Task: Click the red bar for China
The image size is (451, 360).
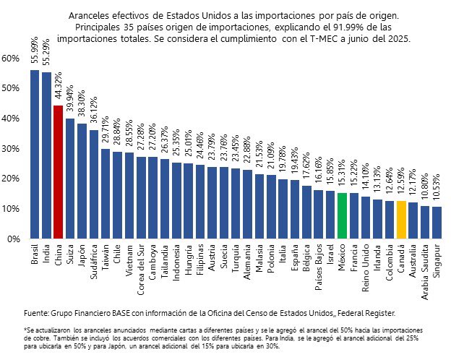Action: tap(59, 172)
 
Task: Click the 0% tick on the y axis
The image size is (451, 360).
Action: tap(13, 239)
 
